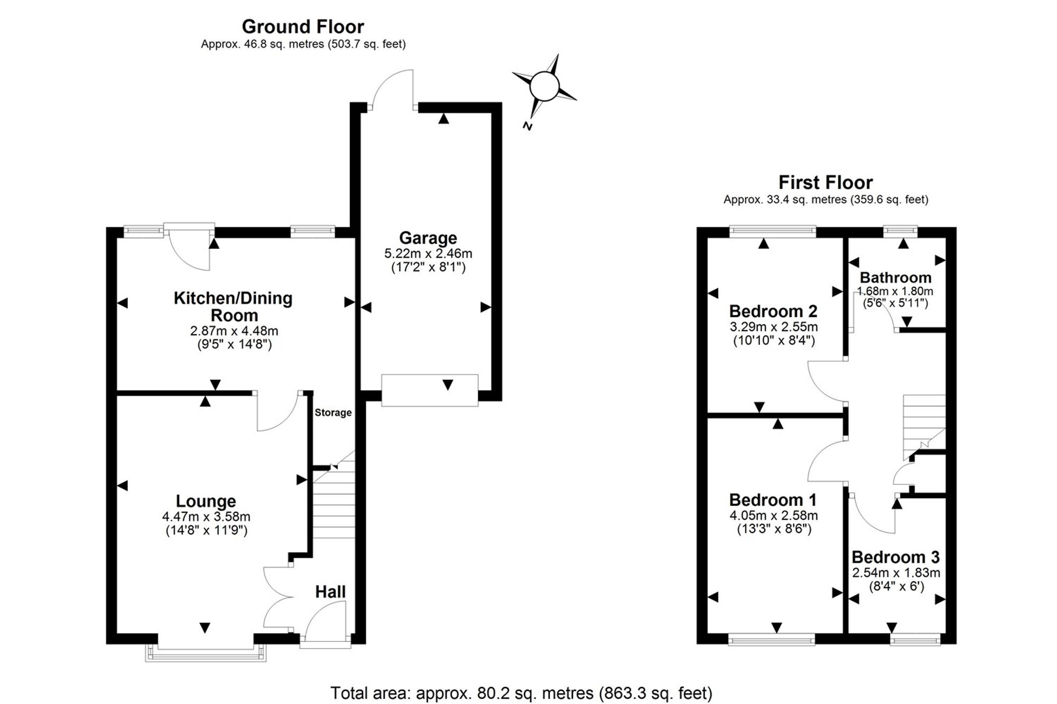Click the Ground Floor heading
point(303,26)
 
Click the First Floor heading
point(825,182)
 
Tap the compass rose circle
point(544,86)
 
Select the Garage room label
point(428,238)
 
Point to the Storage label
point(333,412)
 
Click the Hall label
point(330,592)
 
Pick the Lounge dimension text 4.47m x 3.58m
point(206,517)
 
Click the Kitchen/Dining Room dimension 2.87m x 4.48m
point(234,331)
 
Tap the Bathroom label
point(895,277)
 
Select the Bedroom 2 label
point(773,311)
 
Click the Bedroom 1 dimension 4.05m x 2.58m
point(774,515)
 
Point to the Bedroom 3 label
point(896,557)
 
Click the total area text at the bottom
point(521,693)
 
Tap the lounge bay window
point(206,653)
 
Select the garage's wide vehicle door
point(430,390)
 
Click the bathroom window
point(901,230)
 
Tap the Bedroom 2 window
point(773,230)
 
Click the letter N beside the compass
point(527,126)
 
